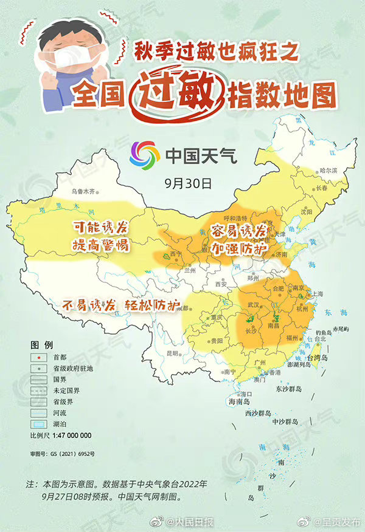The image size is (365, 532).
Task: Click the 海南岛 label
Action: pyautogui.click(x=240, y=402)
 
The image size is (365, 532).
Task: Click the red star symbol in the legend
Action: pyautogui.click(x=39, y=357)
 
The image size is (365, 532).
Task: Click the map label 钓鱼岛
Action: pyautogui.click(x=323, y=333)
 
